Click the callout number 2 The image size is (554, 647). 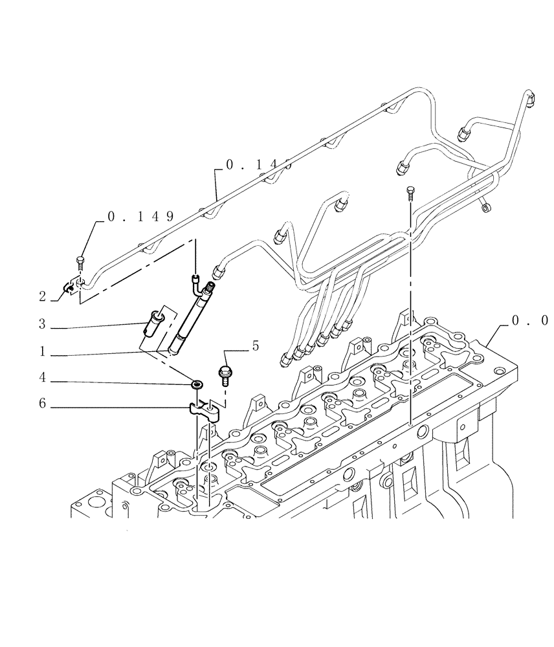tap(42, 297)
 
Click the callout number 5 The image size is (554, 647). tap(255, 347)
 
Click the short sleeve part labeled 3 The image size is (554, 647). tap(153, 321)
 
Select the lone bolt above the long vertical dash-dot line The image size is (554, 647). tap(409, 191)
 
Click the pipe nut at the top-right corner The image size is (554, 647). tap(531, 99)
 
